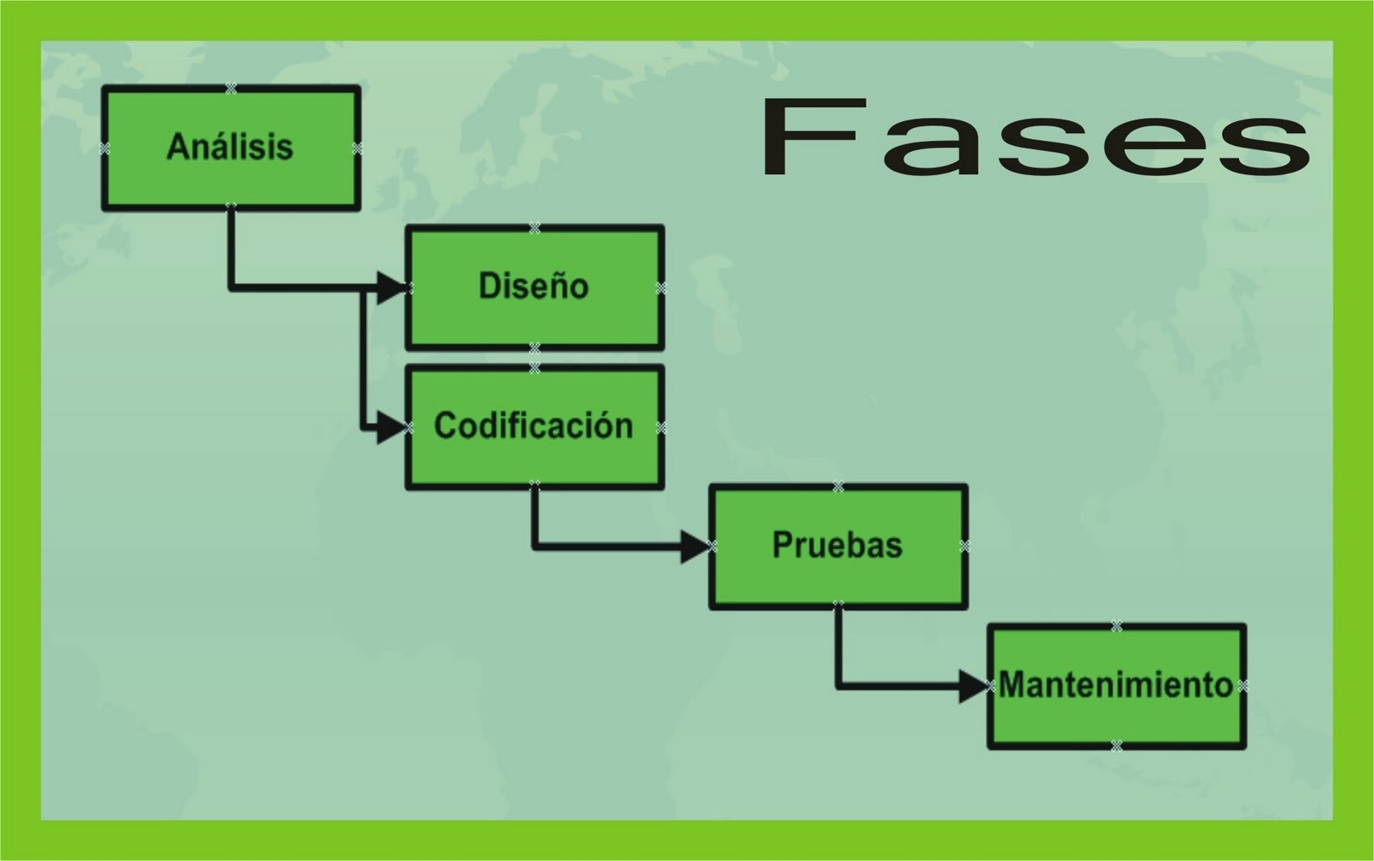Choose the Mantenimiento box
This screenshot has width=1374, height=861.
[x=1116, y=721]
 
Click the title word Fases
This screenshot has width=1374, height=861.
[x=1035, y=137]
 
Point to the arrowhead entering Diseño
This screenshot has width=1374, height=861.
[x=391, y=287]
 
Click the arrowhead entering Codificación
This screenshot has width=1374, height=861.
[x=391, y=427]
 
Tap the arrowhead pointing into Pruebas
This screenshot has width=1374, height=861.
[x=694, y=546]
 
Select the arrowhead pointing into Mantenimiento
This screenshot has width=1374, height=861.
[x=973, y=686]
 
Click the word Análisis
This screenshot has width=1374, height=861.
[x=230, y=147]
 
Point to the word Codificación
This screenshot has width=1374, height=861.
[x=533, y=426]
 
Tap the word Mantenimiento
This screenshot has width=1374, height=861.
[x=1116, y=685]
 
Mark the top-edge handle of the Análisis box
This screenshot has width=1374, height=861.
[x=230, y=88]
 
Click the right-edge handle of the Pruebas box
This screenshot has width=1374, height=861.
[x=964, y=546]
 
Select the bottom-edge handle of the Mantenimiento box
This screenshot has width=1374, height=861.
[x=1116, y=745]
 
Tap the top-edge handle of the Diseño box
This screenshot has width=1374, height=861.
[x=534, y=228]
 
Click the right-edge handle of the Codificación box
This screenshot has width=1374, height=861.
[x=660, y=427]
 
